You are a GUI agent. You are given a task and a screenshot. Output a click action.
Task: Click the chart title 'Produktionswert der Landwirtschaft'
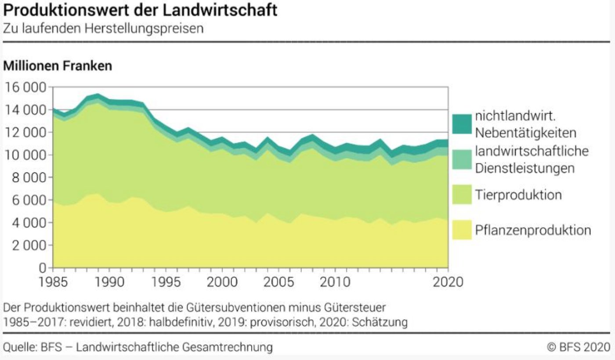[140, 11]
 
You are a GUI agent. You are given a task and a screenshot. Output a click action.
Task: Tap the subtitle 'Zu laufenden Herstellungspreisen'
[103, 29]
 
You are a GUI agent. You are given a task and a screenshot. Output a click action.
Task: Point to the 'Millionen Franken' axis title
[58, 66]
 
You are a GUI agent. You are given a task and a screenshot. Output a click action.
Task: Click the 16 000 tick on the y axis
[25, 87]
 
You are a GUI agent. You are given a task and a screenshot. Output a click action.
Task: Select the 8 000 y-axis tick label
[29, 177]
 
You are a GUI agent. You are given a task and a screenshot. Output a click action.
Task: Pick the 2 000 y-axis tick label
[29, 245]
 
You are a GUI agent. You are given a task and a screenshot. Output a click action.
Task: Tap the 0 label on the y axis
[43, 267]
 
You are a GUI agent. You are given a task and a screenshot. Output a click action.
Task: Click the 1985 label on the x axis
[53, 282]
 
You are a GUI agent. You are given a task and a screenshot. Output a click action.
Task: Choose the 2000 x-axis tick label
[222, 282]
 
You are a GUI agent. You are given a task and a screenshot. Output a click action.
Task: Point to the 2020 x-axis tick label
[448, 282]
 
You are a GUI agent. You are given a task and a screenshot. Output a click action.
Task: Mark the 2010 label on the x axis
[335, 282]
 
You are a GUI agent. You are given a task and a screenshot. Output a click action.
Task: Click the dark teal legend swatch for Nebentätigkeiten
[462, 124]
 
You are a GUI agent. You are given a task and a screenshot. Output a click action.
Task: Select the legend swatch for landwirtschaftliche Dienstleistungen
[462, 160]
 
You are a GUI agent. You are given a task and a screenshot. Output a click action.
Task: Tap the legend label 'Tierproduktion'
[518, 195]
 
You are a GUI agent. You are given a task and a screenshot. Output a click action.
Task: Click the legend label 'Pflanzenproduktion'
[533, 230]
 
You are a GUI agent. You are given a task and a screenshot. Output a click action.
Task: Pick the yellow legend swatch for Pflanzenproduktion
[462, 230]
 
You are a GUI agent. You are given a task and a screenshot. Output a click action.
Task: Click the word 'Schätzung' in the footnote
[380, 322]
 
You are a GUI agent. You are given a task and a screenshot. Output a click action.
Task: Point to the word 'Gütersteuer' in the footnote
[355, 308]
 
